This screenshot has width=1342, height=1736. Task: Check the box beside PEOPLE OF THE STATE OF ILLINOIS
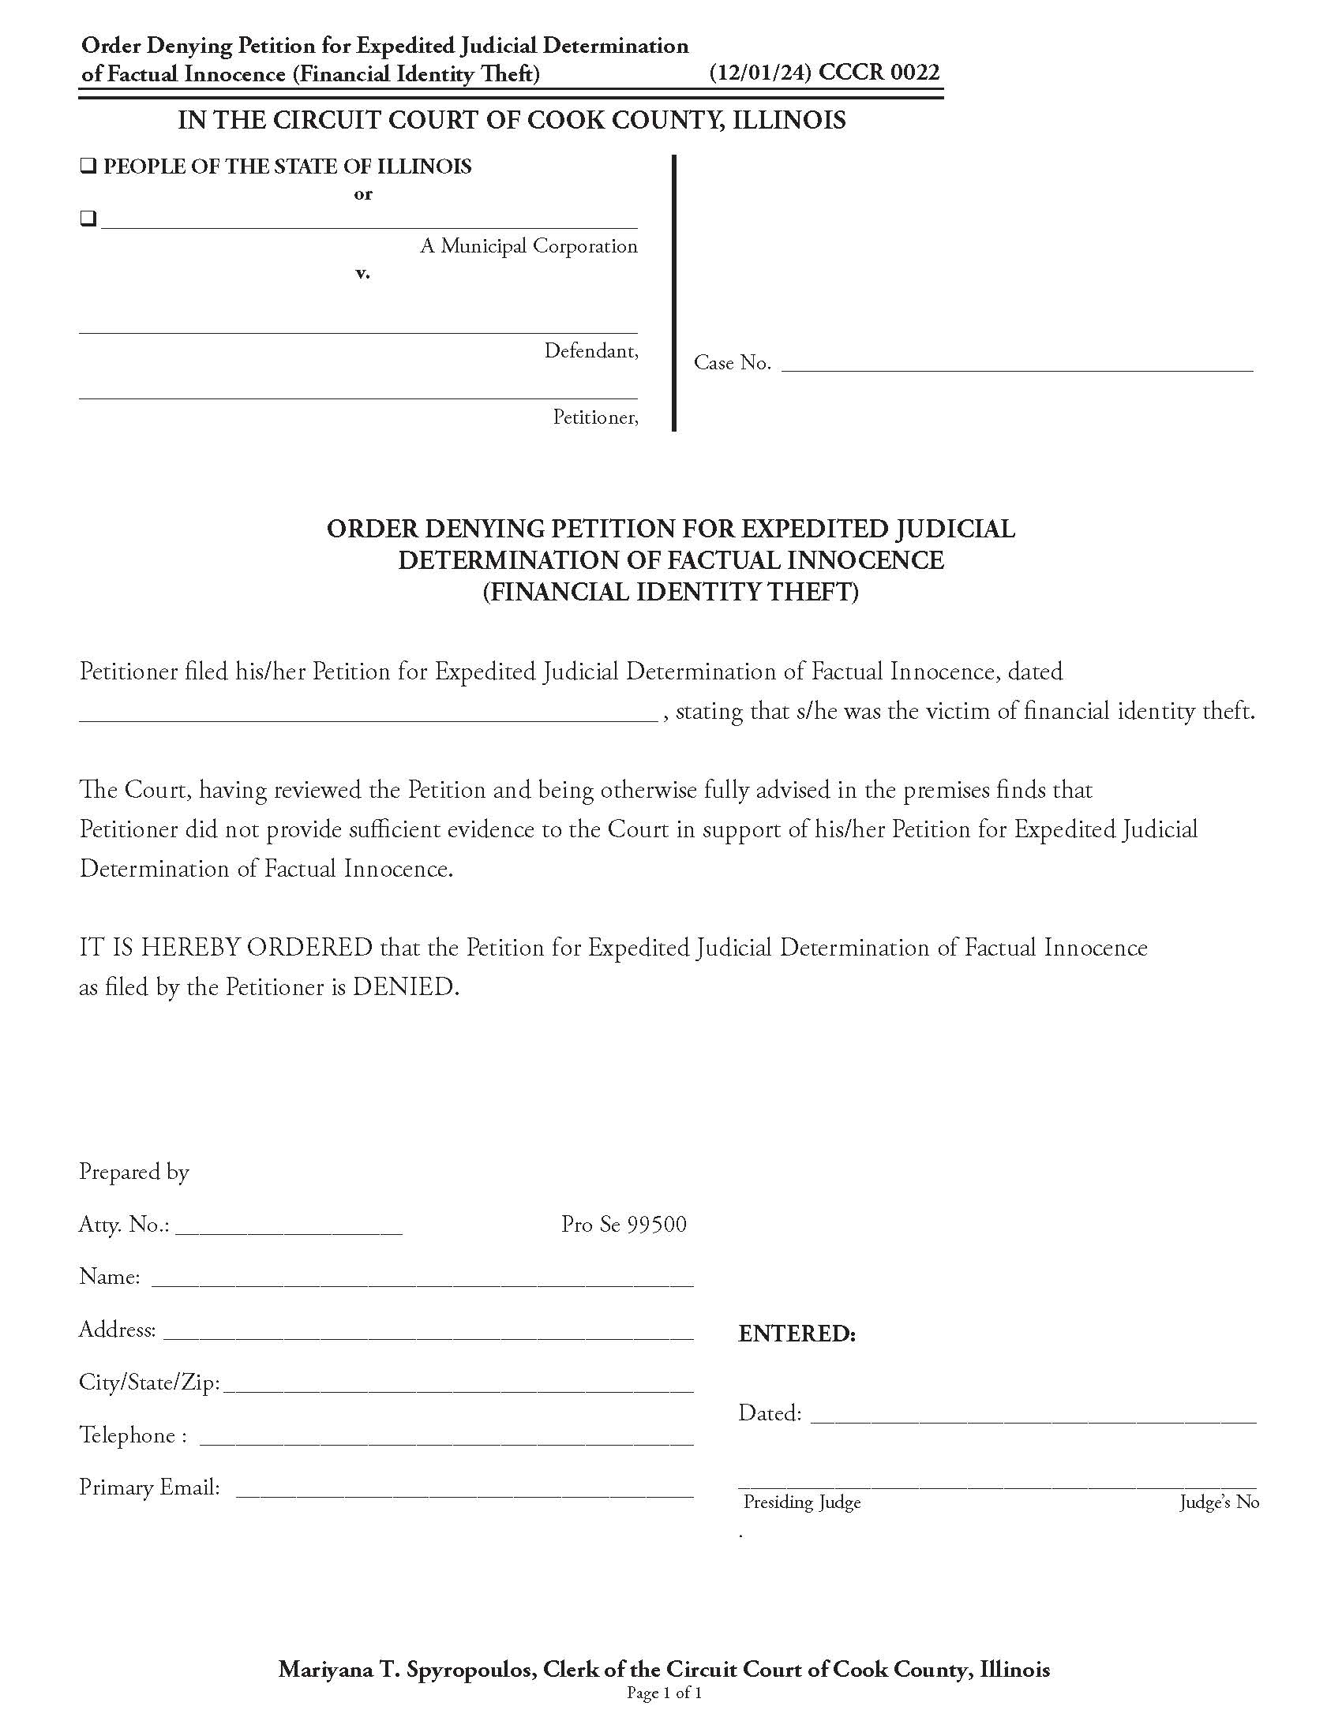coord(88,167)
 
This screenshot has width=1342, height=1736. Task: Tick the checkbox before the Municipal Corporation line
coord(88,219)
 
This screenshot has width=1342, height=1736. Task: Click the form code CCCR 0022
coord(879,73)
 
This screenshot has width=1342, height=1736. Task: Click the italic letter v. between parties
coord(362,274)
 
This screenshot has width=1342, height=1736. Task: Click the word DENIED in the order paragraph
coord(406,987)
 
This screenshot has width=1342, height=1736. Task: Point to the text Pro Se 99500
coord(624,1224)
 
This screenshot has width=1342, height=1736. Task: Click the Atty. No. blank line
coord(289,1227)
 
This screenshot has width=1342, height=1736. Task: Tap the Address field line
coord(428,1333)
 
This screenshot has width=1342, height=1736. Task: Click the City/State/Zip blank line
coord(459,1386)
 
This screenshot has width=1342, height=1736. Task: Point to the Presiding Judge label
coord(801,1502)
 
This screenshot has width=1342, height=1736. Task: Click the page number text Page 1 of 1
coord(664,1693)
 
